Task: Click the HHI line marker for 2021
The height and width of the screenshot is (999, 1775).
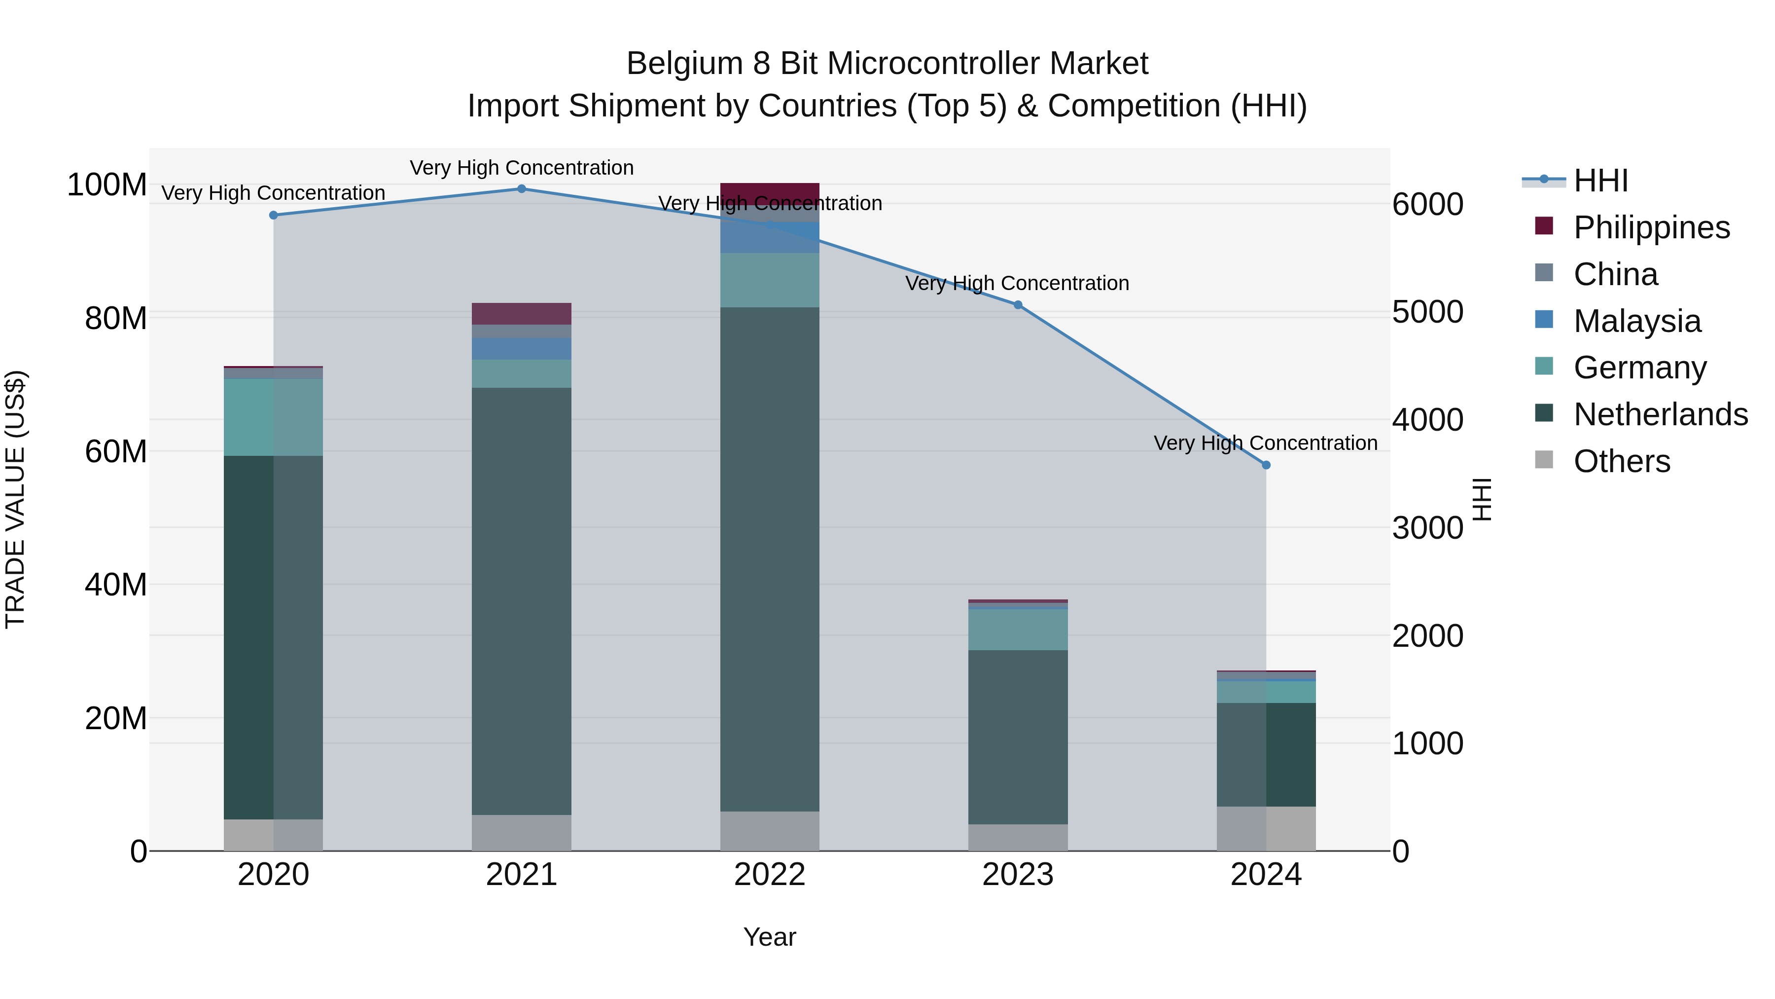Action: click(522, 189)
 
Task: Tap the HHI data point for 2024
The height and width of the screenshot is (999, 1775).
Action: click(1266, 465)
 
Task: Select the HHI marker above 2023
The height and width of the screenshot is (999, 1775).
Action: click(1018, 305)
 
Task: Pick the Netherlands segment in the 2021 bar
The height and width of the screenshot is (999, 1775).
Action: click(522, 600)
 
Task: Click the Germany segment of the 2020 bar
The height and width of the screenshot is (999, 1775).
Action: click(274, 417)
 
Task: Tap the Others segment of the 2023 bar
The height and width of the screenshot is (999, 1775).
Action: click(1018, 837)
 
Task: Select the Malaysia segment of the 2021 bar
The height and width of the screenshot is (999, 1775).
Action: click(522, 349)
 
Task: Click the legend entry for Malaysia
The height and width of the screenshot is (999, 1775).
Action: click(1637, 321)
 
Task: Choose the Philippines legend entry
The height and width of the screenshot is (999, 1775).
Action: click(1651, 227)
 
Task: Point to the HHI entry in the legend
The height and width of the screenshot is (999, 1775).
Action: click(1600, 181)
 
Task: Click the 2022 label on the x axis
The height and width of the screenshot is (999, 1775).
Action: click(770, 875)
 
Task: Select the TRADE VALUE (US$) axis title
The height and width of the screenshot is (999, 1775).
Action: click(15, 499)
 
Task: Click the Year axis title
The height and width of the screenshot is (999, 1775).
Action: click(770, 937)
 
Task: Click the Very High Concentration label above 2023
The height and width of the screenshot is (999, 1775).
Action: click(1017, 283)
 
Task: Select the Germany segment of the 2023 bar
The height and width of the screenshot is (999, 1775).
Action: click(1018, 629)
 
